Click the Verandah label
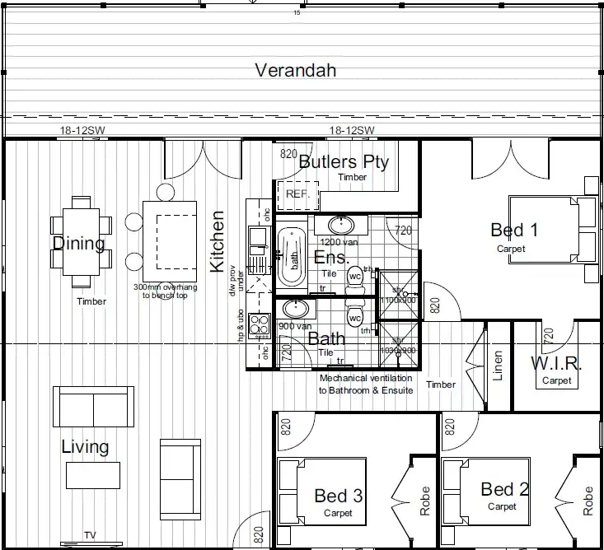(295, 70)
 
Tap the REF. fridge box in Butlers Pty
(296, 194)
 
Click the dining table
(80, 235)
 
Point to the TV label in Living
(90, 535)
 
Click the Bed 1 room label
(514, 230)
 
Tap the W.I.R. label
(556, 363)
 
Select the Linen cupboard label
(497, 366)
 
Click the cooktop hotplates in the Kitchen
(260, 326)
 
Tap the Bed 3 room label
(338, 496)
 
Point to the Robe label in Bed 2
(588, 501)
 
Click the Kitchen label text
(218, 242)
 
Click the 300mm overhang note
(166, 291)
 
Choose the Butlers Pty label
(343, 161)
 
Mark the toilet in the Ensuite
(355, 275)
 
